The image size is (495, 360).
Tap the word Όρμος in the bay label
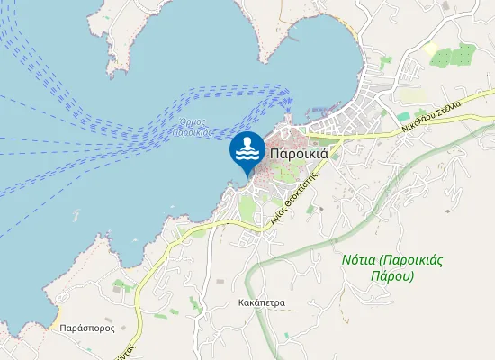(x=193, y=121)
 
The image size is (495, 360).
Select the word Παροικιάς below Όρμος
(x=192, y=132)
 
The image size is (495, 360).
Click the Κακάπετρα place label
(x=263, y=303)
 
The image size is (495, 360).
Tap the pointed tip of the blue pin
(x=247, y=175)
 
